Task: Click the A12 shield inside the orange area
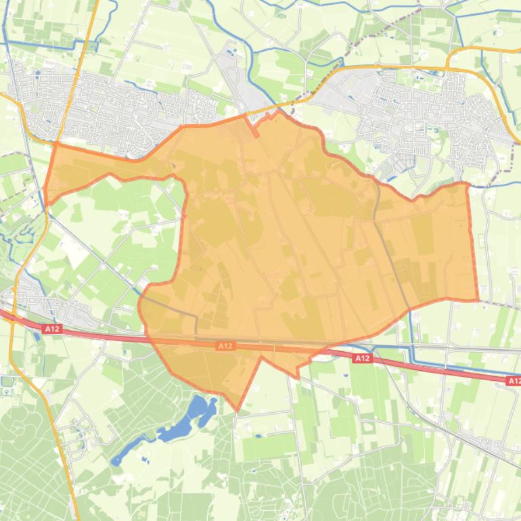(225, 346)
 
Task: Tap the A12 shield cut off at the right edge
(514, 382)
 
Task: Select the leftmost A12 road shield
(52, 329)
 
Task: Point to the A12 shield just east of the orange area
(362, 358)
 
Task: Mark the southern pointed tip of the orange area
(237, 409)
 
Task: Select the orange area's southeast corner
(478, 299)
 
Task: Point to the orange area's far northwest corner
(54, 143)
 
